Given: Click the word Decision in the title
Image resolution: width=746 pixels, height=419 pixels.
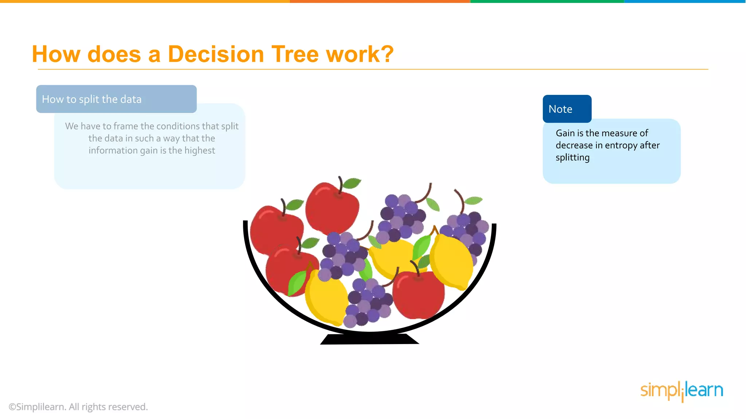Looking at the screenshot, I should (x=216, y=54).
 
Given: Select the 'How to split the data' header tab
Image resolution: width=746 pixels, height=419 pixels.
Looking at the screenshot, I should (x=116, y=99).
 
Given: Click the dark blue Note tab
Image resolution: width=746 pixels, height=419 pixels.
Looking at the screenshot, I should (x=567, y=109).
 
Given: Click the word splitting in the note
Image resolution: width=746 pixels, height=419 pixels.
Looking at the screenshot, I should (x=572, y=157).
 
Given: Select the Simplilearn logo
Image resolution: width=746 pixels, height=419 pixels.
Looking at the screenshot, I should (x=682, y=391).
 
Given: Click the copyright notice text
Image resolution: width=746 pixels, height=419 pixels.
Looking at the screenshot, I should (x=78, y=407).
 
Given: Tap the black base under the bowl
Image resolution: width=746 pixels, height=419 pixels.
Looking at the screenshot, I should (x=369, y=339).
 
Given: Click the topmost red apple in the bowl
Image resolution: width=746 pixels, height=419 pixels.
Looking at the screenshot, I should (x=331, y=207).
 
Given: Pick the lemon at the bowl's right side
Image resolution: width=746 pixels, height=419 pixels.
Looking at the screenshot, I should (x=451, y=261).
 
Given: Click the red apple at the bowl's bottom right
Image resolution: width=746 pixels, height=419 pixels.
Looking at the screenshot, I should (x=419, y=295).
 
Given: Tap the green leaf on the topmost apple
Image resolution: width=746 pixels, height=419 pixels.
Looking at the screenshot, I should (x=352, y=183).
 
